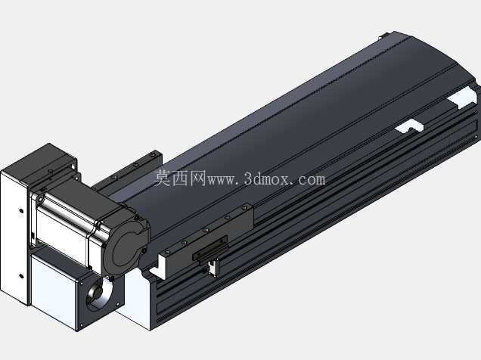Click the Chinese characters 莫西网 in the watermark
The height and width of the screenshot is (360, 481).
pyautogui.click(x=179, y=178)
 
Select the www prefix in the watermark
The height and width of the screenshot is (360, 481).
pyautogui.click(x=222, y=180)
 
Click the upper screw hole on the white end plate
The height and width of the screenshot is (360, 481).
pyautogui.click(x=21, y=211)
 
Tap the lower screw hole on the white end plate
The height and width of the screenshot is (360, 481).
pyautogui.click(x=21, y=276)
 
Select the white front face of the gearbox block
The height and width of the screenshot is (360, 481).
pyautogui.click(x=53, y=290)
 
